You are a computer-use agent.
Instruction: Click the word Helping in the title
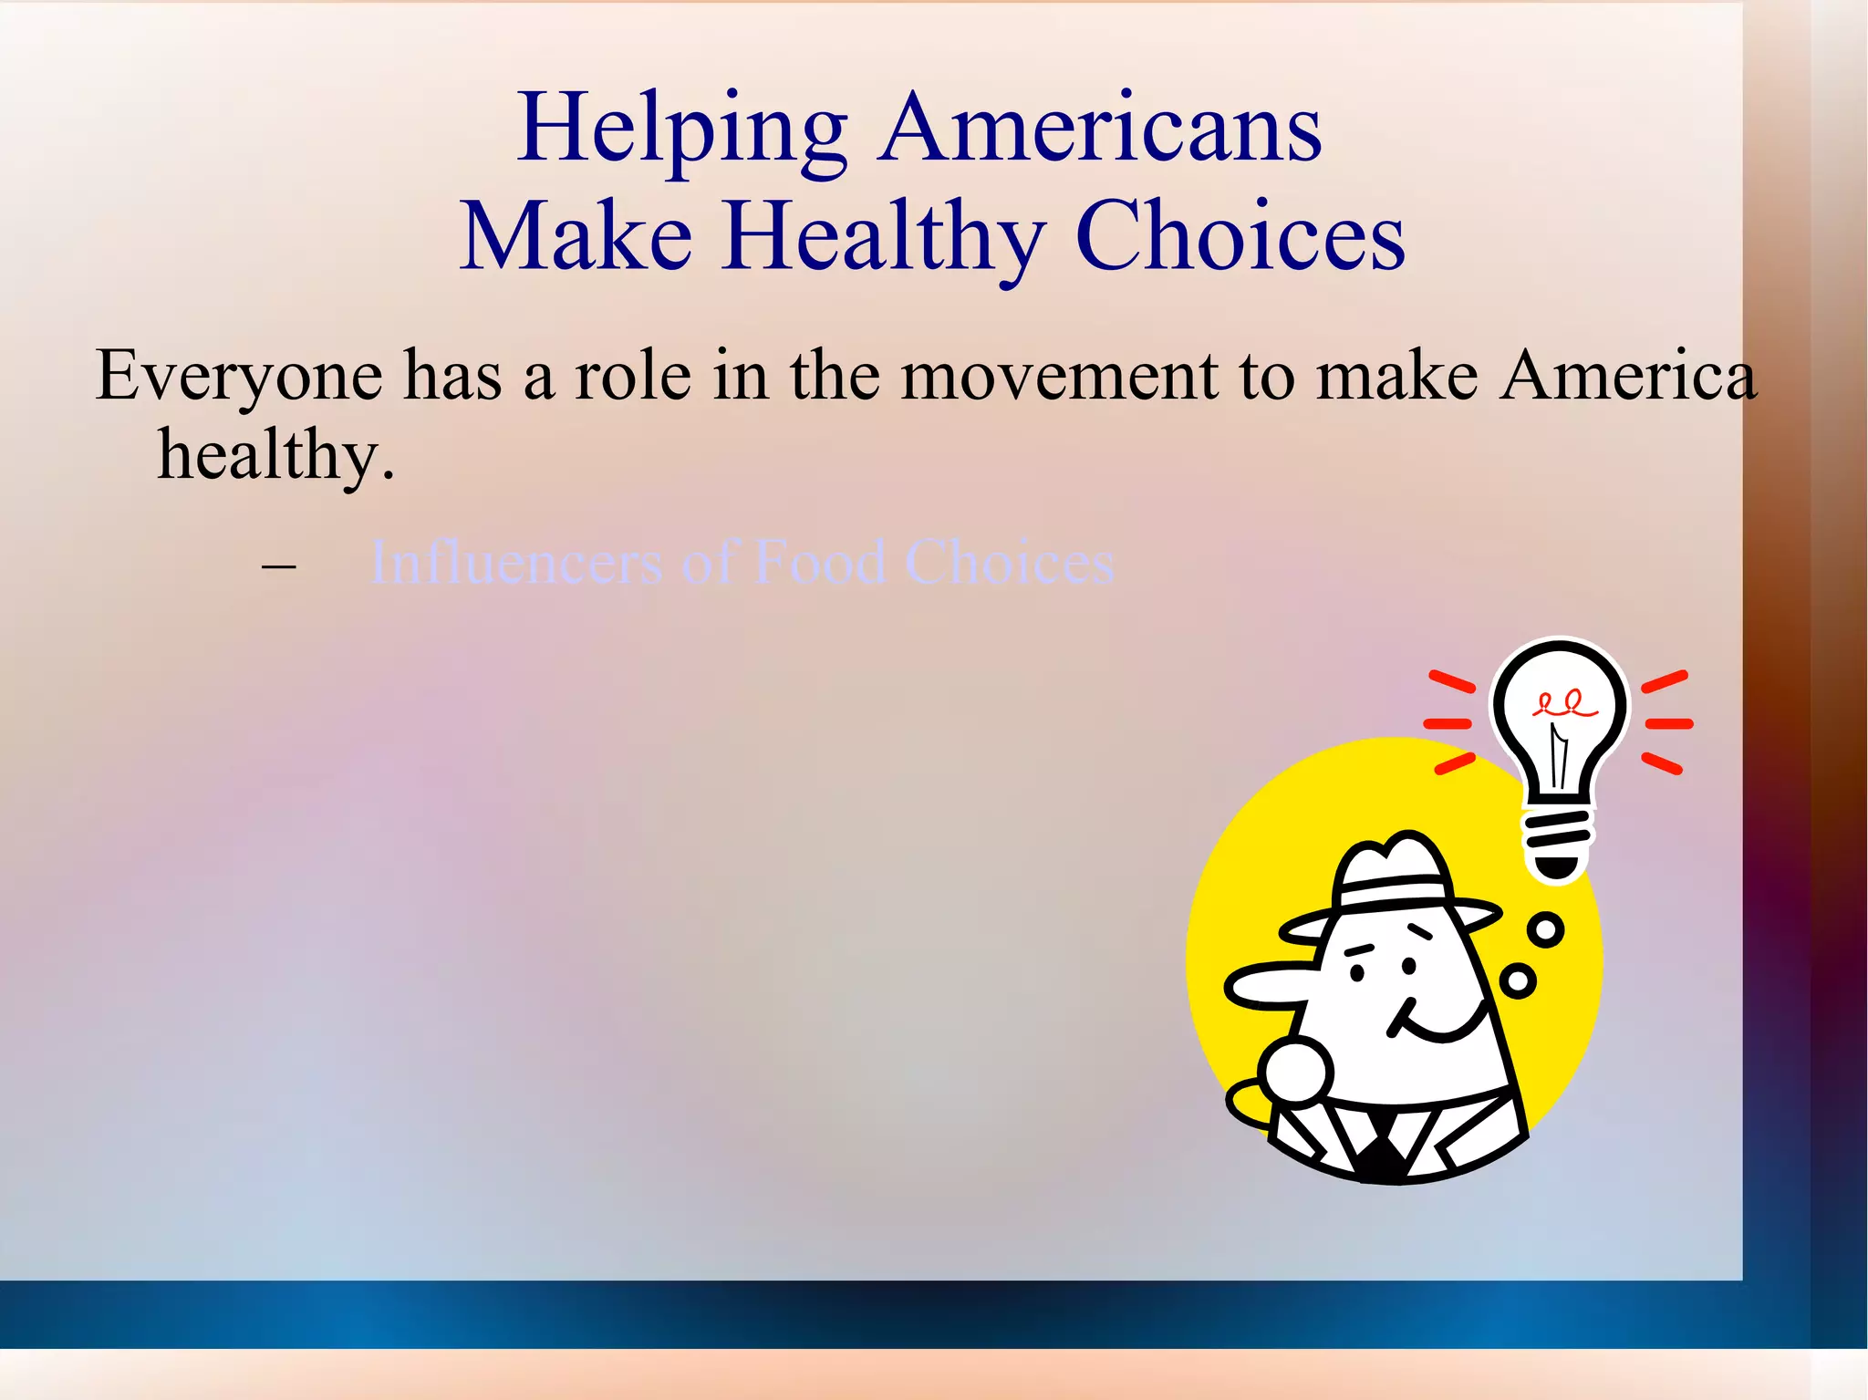coord(682,130)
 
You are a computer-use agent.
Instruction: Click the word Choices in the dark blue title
coord(1240,237)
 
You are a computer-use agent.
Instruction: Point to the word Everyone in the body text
coord(239,376)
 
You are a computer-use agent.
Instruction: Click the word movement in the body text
coord(1058,376)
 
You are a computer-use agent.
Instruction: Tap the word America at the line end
coord(1628,376)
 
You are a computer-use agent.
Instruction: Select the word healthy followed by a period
coord(276,454)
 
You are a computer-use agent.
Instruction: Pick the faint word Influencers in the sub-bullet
coord(515,562)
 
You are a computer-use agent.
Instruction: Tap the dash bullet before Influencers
coord(278,565)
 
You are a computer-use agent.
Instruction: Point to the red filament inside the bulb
coord(1566,705)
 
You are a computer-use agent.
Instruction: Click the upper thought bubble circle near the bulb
coord(1545,929)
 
